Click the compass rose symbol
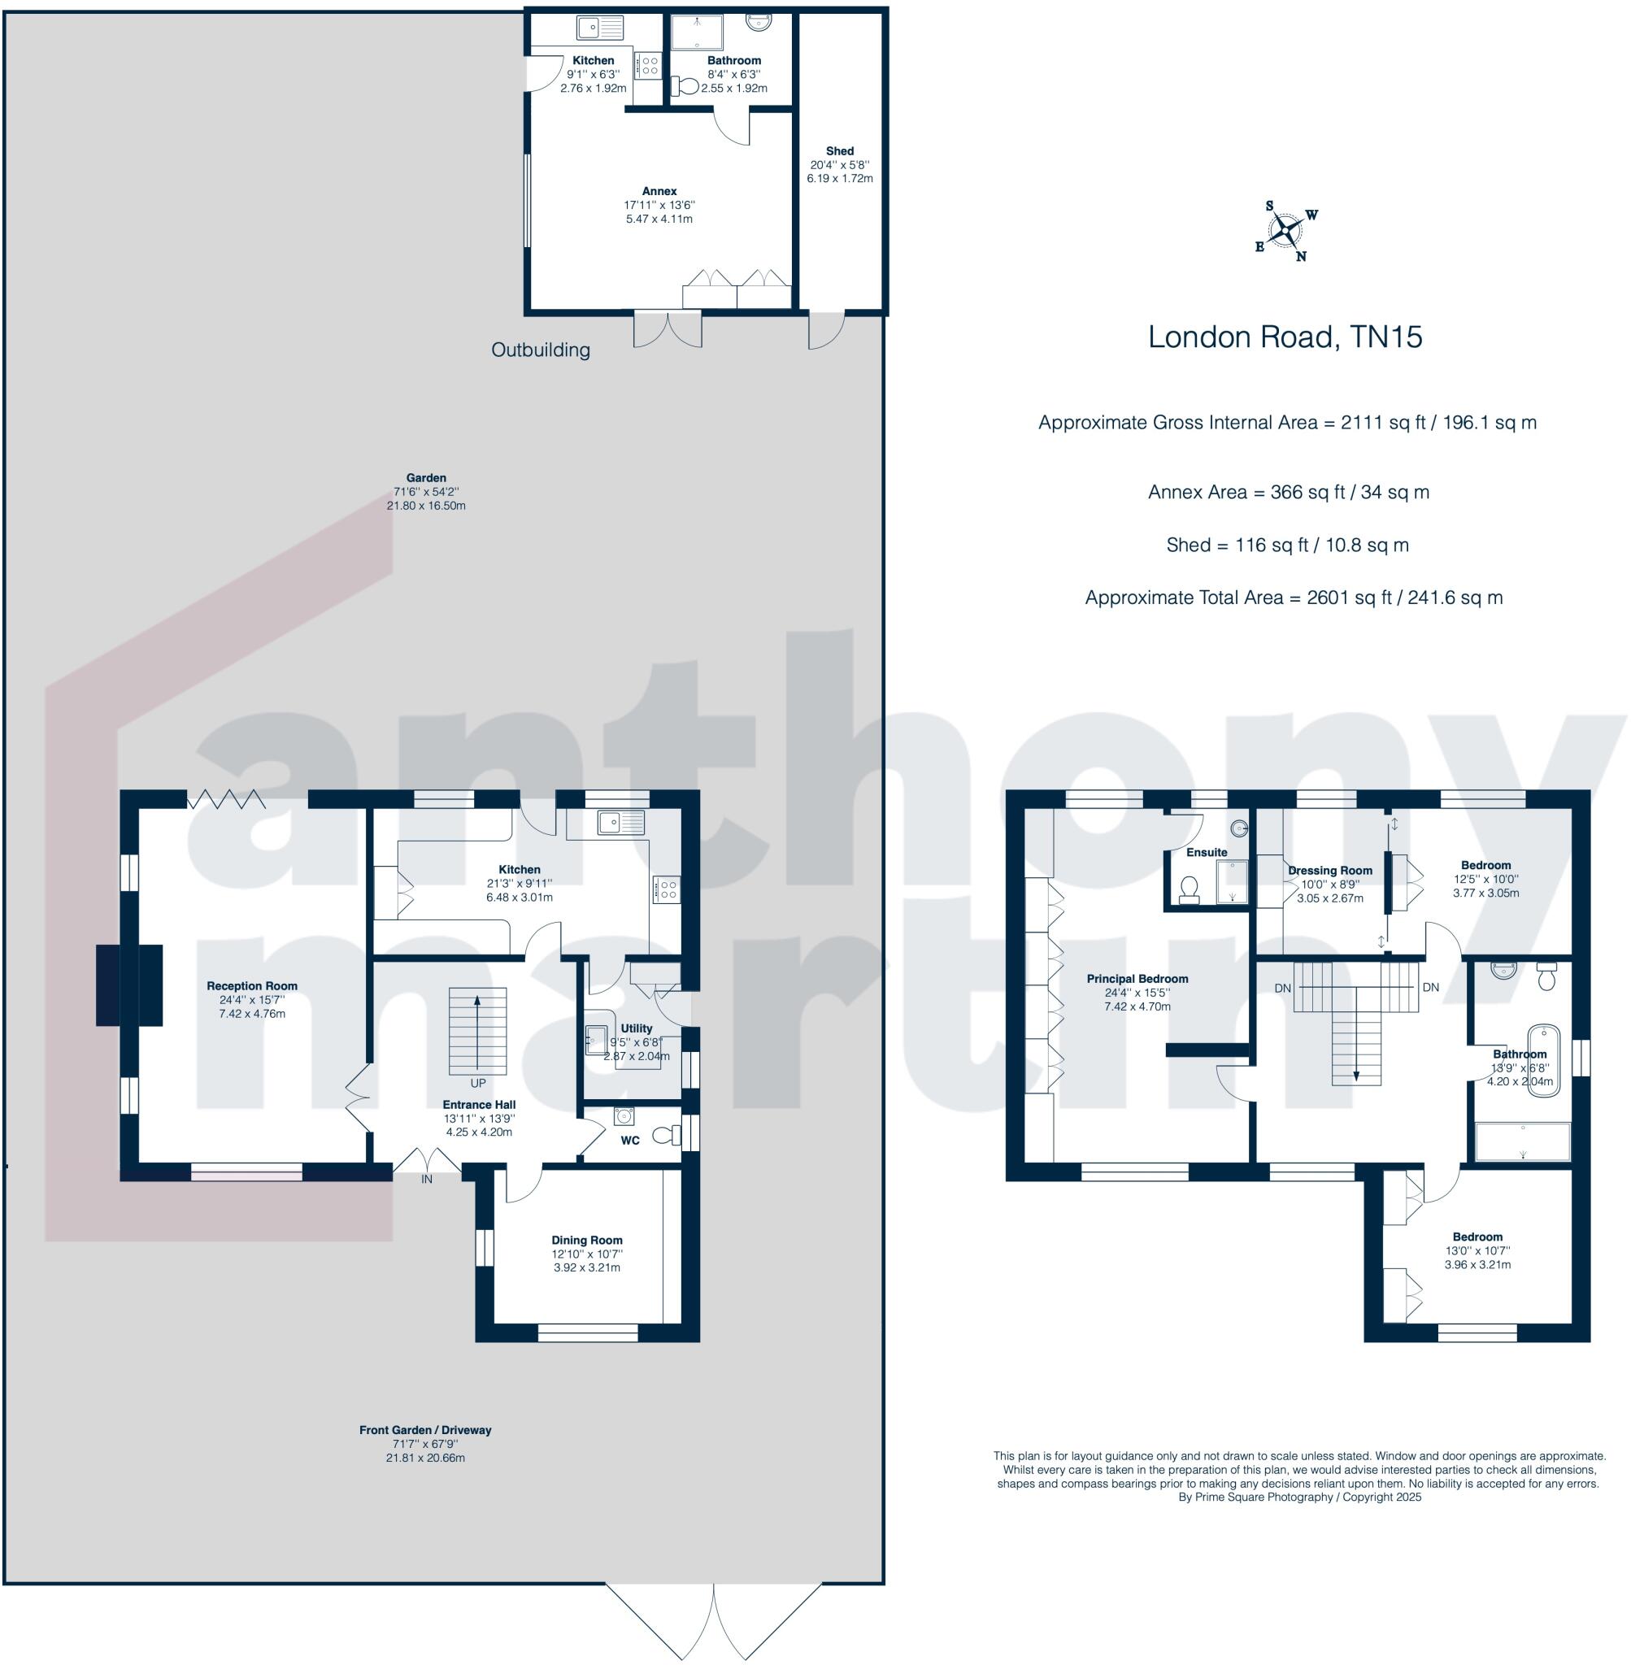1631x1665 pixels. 1285,230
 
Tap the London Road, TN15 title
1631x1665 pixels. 1284,337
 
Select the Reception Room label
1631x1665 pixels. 252,986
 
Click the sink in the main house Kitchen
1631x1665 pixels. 621,822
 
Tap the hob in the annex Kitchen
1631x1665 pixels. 647,65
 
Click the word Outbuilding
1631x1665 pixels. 541,350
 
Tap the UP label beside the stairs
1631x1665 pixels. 477,1084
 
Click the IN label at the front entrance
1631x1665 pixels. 427,1179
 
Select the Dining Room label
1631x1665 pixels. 587,1239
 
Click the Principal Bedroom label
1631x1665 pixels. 1137,978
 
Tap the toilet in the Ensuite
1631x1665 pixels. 1189,889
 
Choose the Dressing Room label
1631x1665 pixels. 1329,870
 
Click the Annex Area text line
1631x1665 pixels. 1289,492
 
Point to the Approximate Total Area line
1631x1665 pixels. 1294,597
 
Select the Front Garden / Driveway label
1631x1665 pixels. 425,1429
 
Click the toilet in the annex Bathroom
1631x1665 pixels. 685,85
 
